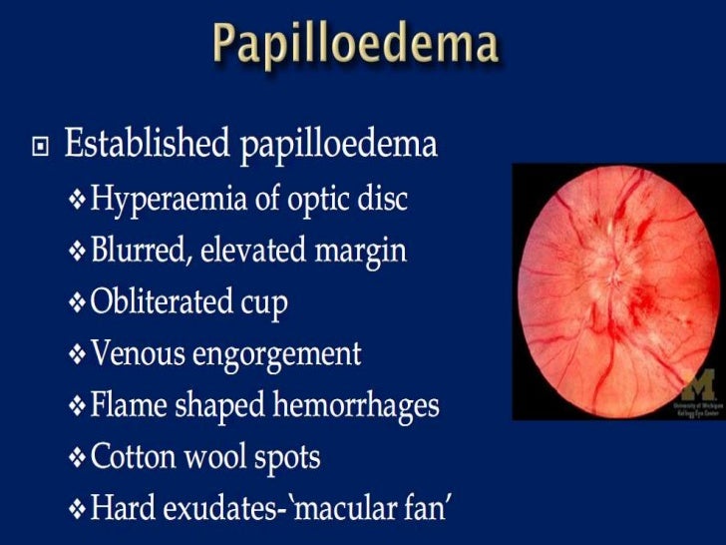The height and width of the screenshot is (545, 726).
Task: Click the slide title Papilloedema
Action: tap(355, 44)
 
